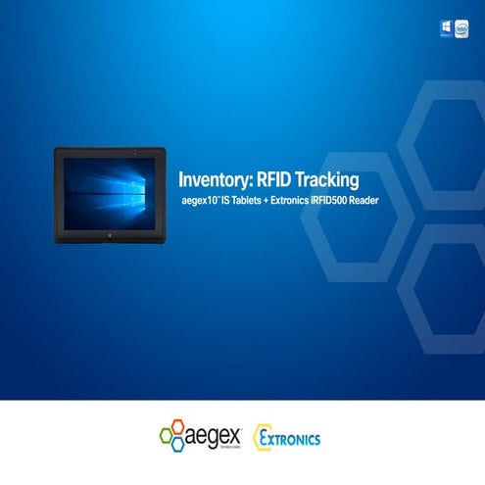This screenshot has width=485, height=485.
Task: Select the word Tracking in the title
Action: pos(326,179)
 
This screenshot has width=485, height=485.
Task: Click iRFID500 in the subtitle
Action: pos(353,201)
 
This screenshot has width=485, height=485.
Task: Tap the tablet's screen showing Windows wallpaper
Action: pos(109,187)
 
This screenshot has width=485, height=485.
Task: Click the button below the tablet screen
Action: pos(109,235)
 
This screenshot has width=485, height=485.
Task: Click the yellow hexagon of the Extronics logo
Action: pos(263,437)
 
